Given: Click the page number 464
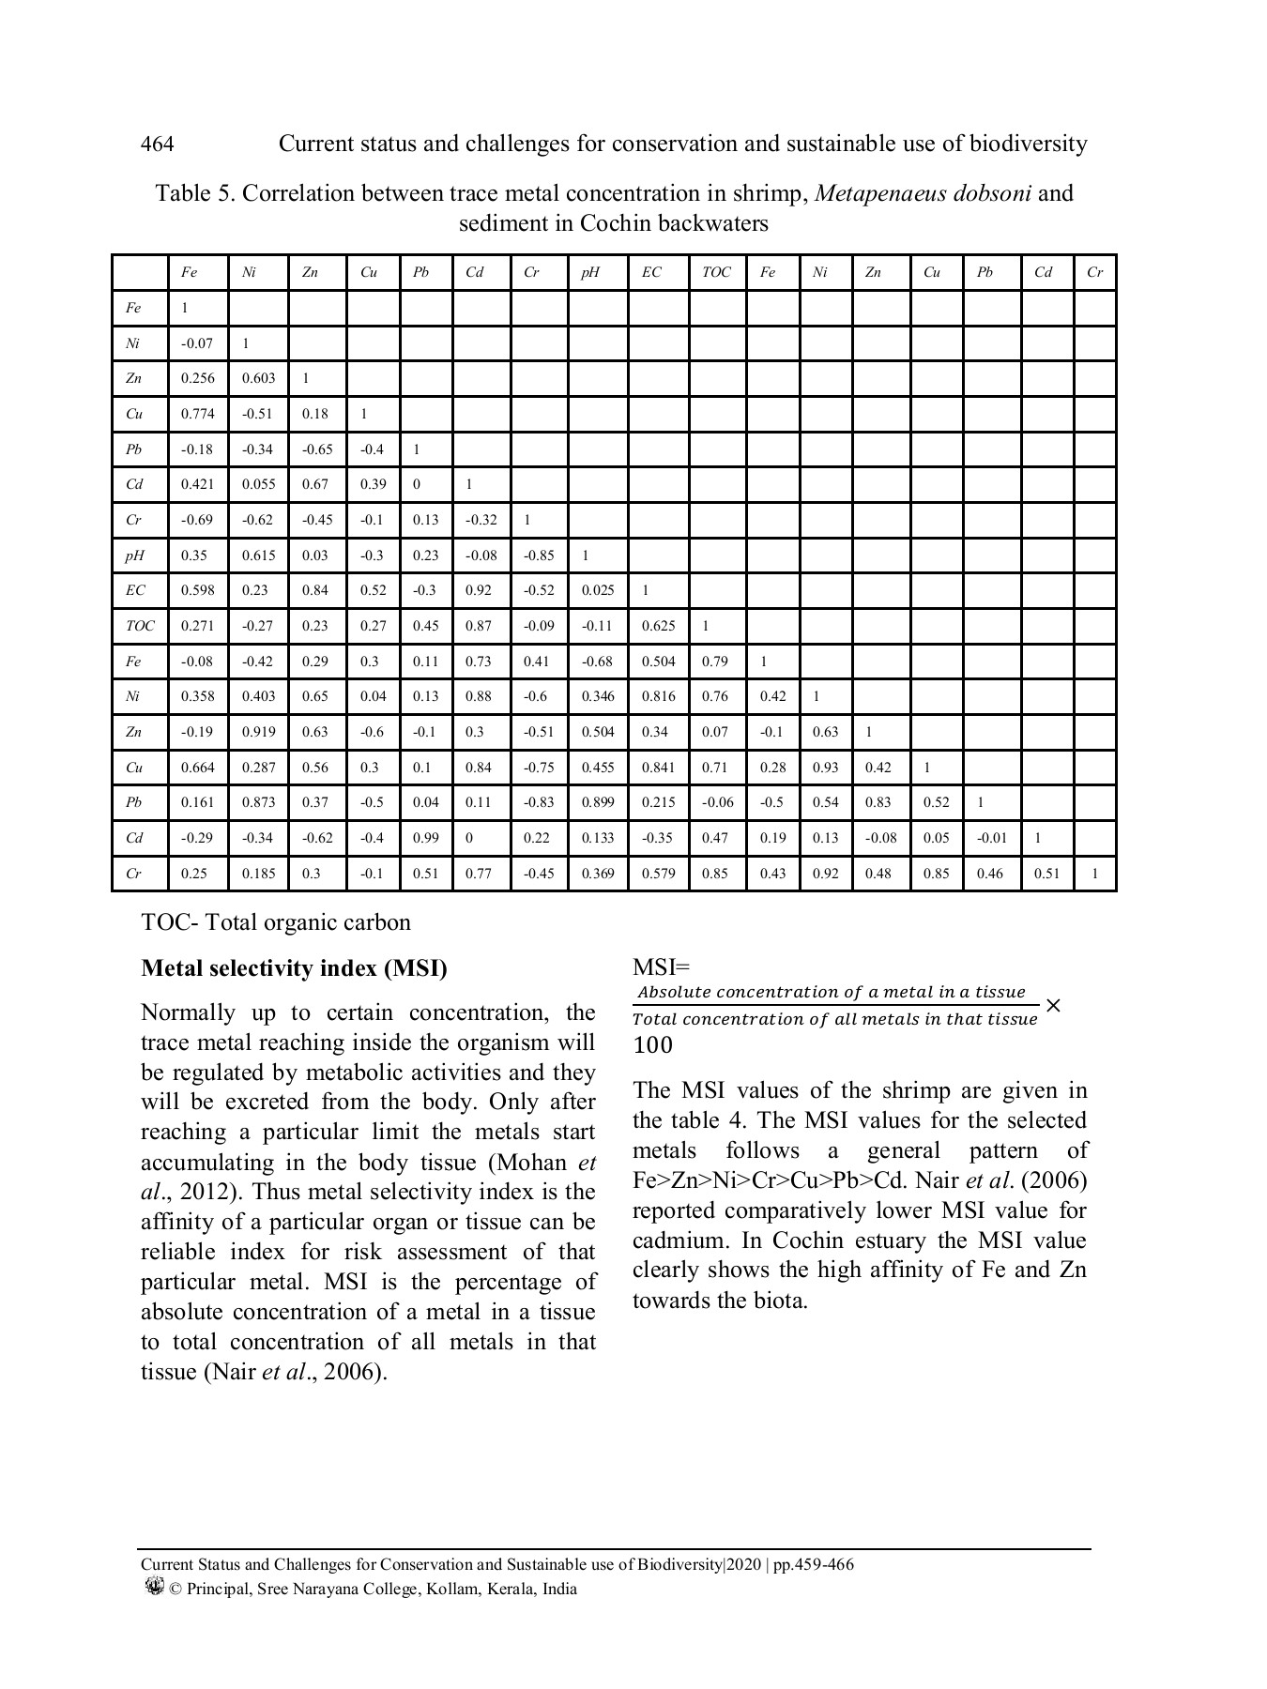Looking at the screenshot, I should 157,144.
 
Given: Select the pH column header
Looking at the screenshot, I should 589,272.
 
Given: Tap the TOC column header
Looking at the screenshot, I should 715,272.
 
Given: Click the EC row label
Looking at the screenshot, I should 135,590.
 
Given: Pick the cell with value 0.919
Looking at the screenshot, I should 258,732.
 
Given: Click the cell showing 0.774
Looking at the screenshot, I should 197,414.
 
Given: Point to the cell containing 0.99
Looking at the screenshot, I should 425,838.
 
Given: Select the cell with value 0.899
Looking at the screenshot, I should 597,802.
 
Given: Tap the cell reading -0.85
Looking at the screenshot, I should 539,555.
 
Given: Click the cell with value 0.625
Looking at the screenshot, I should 657,626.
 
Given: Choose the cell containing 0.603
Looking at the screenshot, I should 258,378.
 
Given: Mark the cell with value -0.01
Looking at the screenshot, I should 991,838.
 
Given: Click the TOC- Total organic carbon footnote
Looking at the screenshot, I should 275,922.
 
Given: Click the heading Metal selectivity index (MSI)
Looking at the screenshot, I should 294,968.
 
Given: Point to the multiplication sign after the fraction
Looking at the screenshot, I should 1053,1005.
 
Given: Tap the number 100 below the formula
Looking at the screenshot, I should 652,1044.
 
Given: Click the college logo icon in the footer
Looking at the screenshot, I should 155,1588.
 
